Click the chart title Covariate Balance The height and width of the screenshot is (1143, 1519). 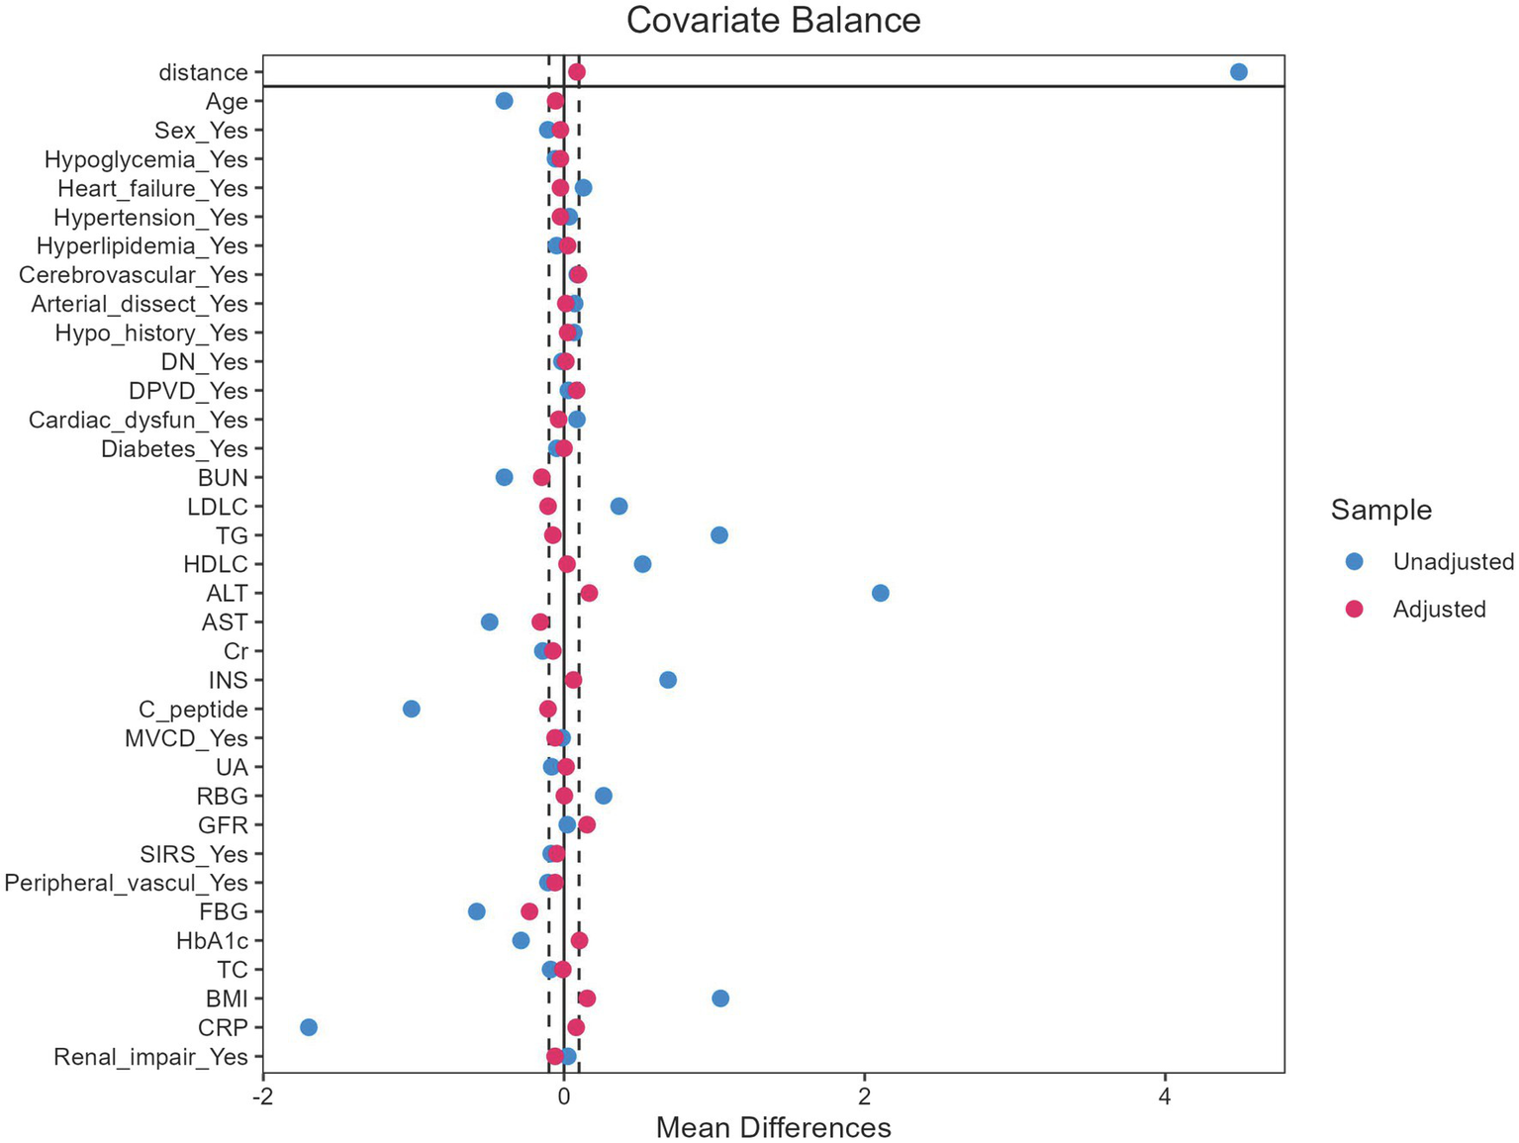(773, 21)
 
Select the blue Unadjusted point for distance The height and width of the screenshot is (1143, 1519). (1238, 71)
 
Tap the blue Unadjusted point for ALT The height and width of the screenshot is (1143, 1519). (880, 593)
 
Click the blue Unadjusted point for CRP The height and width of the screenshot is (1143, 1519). (309, 1027)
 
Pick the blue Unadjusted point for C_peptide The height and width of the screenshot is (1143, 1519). (412, 709)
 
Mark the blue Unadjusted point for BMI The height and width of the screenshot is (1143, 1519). (720, 998)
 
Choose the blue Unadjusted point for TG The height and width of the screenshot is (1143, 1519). (719, 535)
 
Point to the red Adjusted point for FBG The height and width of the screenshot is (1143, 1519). (529, 911)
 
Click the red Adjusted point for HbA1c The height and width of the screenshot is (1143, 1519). (579, 940)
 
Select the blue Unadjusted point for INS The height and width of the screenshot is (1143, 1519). (668, 680)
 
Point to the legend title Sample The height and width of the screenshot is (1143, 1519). (1380, 511)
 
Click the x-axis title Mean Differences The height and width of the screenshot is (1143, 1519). (773, 1127)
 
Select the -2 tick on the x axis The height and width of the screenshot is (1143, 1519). (263, 1096)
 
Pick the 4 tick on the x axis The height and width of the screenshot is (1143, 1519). (1165, 1096)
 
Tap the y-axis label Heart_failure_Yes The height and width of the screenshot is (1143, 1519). (152, 188)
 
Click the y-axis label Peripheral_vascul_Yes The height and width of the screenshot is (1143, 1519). (127, 883)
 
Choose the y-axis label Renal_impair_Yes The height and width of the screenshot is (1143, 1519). (150, 1057)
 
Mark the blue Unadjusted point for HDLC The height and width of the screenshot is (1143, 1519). (642, 564)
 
